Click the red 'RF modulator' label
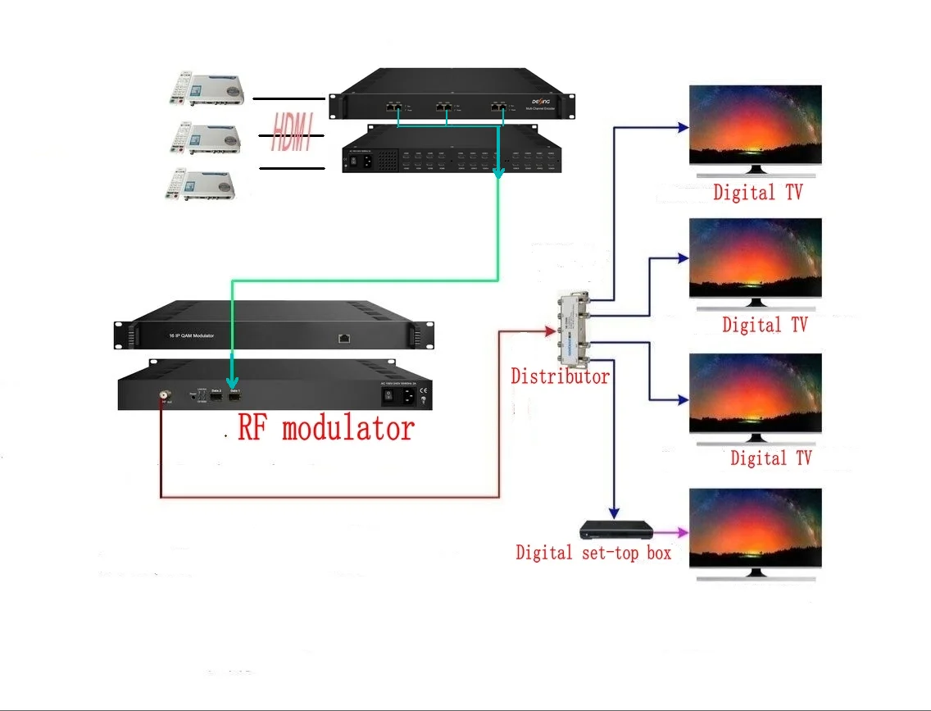[325, 428]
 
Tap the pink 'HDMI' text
[293, 134]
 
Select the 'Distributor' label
[560, 376]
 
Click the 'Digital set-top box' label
[593, 553]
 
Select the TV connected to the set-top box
[754, 529]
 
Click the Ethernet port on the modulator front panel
[343, 336]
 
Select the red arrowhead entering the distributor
[550, 330]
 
